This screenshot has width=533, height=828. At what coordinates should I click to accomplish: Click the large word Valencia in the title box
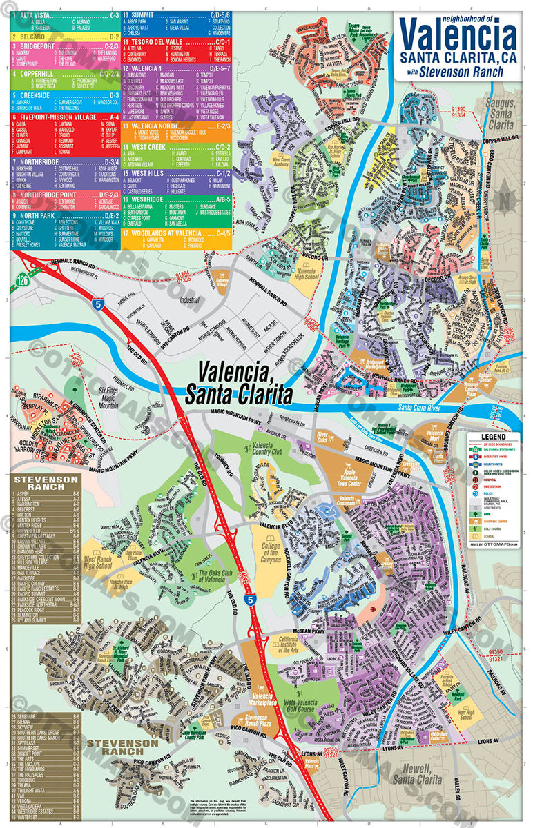(x=457, y=34)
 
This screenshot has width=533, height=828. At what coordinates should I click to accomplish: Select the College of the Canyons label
(x=271, y=553)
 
